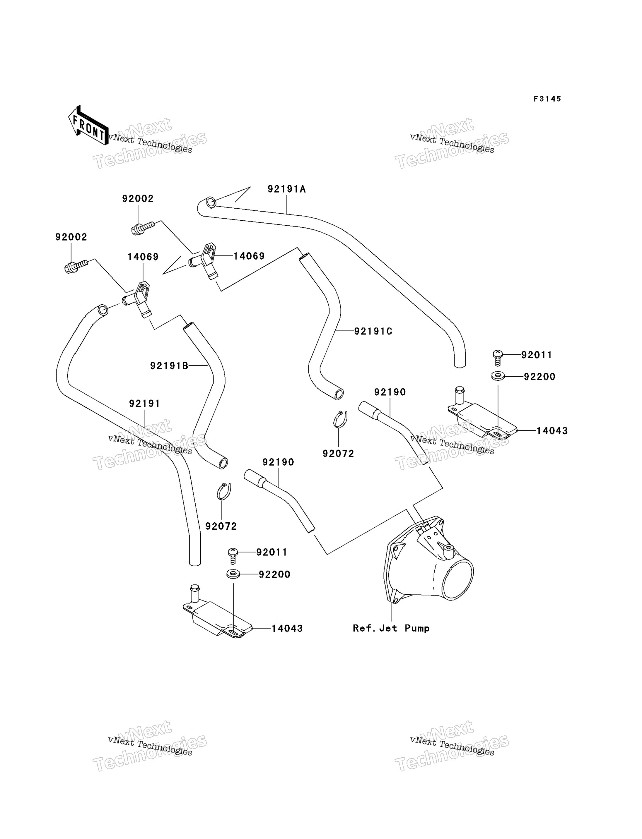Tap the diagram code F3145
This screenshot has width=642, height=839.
[547, 99]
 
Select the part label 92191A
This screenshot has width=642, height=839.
[287, 189]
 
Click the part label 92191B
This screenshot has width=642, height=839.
[169, 366]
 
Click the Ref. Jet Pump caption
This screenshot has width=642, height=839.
[391, 628]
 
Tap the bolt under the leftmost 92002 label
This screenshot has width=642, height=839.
[76, 267]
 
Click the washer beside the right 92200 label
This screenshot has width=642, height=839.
[498, 376]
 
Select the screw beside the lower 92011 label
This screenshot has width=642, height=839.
[233, 556]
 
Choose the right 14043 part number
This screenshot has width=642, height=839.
[552, 431]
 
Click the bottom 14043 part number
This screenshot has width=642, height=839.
[287, 628]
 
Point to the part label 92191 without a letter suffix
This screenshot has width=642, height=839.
[144, 403]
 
